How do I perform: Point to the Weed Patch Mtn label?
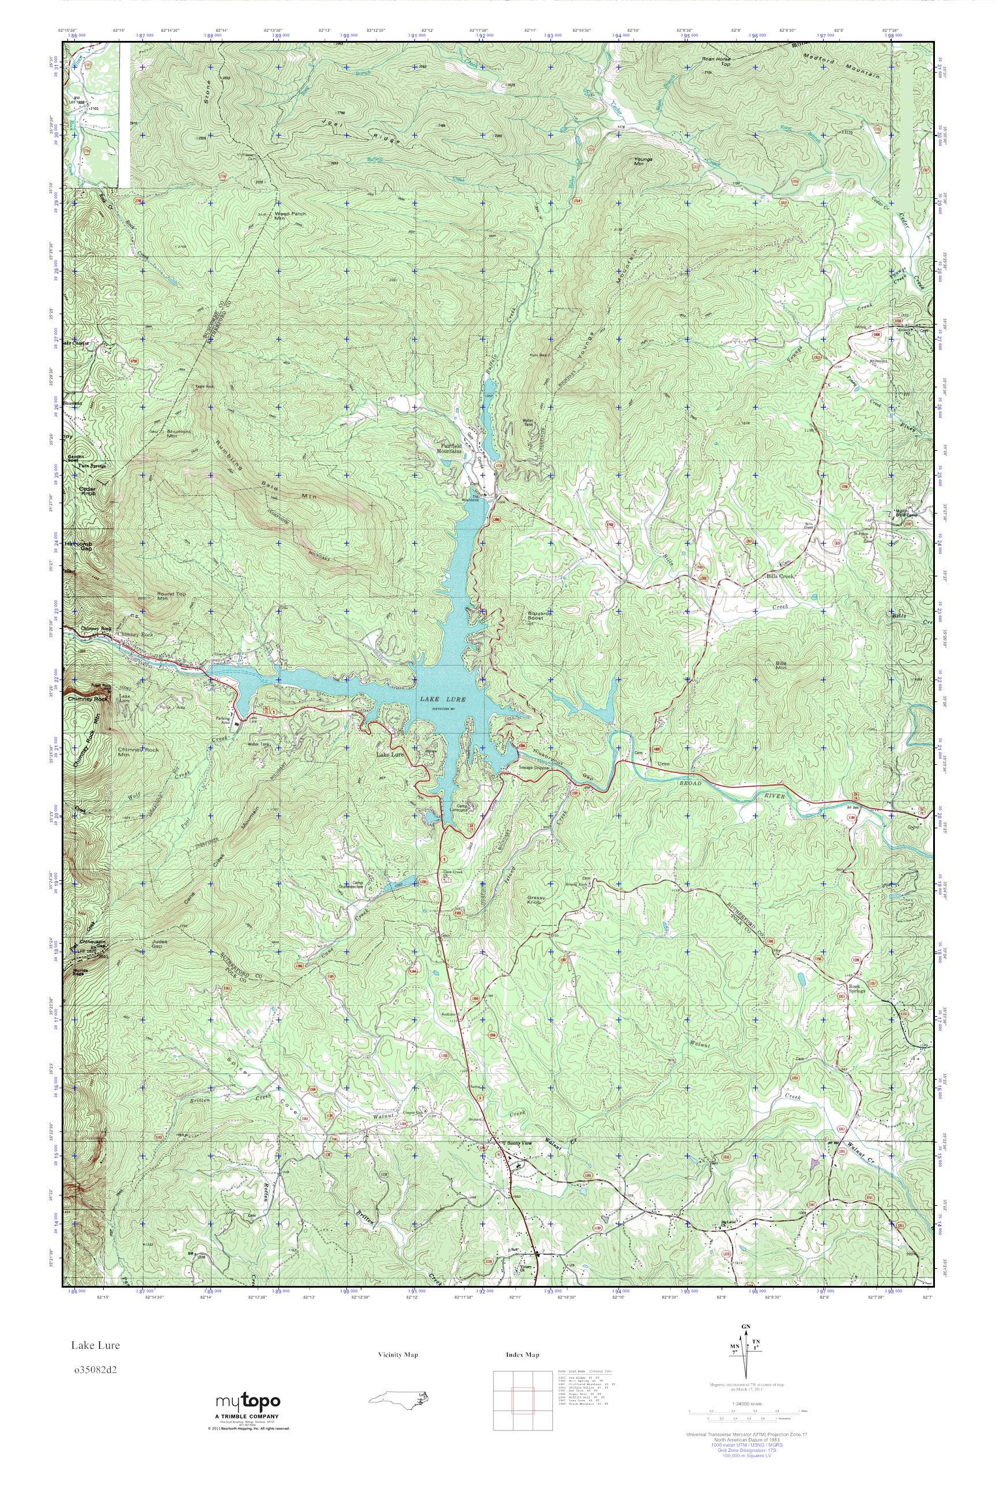click(x=290, y=216)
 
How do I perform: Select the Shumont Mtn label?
click(x=163, y=434)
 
